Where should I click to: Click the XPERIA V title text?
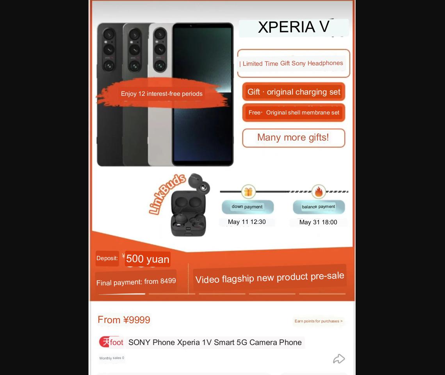[294, 27]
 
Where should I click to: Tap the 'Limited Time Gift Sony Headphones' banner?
[294, 63]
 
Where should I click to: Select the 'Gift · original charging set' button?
[294, 92]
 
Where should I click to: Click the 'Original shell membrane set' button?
[294, 113]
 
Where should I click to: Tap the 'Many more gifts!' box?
[294, 138]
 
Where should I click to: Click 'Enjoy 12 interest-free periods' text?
[162, 94]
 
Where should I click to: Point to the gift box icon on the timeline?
[248, 192]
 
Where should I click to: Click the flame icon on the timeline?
[319, 192]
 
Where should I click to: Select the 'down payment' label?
[247, 207]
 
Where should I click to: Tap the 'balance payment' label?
[319, 207]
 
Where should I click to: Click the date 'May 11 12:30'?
[247, 222]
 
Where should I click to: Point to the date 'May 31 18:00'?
[318, 222]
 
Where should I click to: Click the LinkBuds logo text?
[167, 194]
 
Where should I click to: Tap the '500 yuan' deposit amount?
[148, 259]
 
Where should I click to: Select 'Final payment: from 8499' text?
[136, 282]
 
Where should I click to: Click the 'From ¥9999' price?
[124, 320]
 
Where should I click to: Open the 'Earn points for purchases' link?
[319, 321]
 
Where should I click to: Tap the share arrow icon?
[339, 359]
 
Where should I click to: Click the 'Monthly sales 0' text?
[112, 358]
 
